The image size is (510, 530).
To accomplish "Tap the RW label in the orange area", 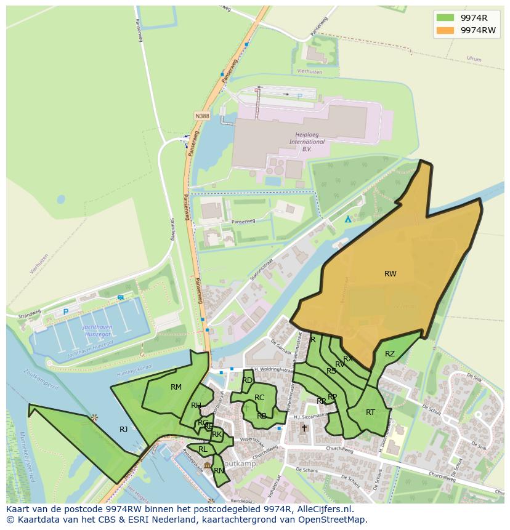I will [x=390, y=274].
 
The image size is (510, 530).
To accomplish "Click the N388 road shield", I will [x=201, y=116].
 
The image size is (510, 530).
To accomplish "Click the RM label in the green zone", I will [x=176, y=387].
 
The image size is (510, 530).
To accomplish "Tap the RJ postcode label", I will [x=124, y=430].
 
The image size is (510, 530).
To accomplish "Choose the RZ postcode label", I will [x=390, y=354].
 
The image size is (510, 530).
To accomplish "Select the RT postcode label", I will [x=370, y=412].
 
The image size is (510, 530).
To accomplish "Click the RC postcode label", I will [x=259, y=398].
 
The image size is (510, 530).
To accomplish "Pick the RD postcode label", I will [x=247, y=380].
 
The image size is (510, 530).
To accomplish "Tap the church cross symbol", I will [x=304, y=428].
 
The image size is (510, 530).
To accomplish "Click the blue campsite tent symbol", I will [x=348, y=219].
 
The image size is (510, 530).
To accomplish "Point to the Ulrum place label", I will [x=474, y=59].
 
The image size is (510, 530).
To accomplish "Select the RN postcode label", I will [x=219, y=471].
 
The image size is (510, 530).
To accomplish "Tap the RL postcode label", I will [x=203, y=449].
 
